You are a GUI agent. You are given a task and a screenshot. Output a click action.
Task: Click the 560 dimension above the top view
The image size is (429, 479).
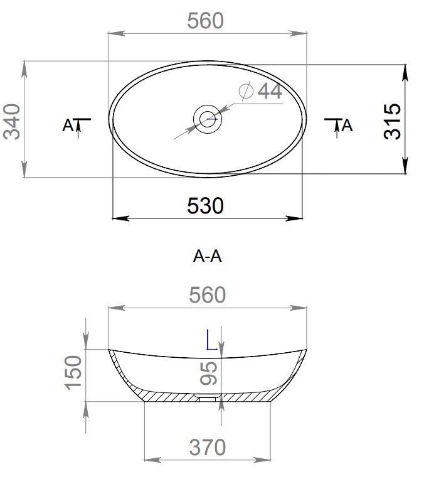(205, 21)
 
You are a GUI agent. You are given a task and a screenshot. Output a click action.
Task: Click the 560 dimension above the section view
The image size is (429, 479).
(207, 295)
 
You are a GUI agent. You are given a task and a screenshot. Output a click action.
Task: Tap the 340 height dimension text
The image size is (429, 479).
(12, 122)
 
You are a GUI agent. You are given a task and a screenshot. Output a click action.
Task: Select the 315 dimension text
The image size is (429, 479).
(393, 122)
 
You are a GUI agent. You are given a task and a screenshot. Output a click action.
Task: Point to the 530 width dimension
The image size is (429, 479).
(205, 205)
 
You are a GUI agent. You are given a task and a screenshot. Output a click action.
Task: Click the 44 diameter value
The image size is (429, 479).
(270, 91)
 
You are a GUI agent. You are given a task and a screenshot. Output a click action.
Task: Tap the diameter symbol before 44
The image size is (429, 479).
(246, 91)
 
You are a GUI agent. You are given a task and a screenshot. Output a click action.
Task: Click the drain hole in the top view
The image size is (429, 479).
(208, 119)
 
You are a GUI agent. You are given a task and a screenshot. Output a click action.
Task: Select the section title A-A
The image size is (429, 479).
(207, 256)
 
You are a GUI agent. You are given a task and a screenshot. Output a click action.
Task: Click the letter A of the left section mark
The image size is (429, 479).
(68, 126)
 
